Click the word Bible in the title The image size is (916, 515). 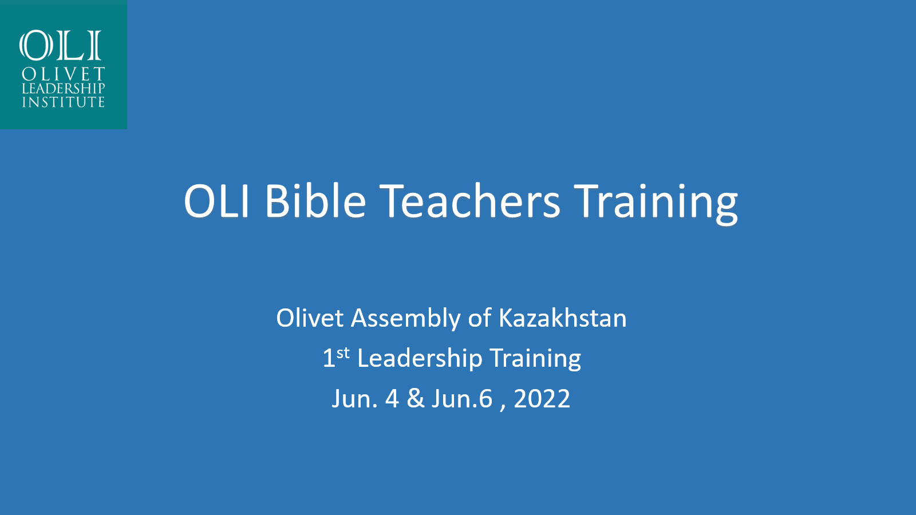(x=315, y=201)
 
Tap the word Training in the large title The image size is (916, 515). (x=656, y=203)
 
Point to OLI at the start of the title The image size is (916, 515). (x=217, y=201)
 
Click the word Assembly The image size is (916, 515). (x=406, y=319)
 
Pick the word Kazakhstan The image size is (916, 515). (x=563, y=318)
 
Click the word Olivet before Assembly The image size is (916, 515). (x=310, y=318)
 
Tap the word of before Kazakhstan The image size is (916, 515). (x=480, y=318)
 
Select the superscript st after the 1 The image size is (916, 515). (x=343, y=352)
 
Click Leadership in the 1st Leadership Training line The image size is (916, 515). (x=420, y=359)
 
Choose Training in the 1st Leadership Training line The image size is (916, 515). (x=535, y=359)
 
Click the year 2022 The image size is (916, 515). (x=542, y=398)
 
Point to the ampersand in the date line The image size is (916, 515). (x=416, y=398)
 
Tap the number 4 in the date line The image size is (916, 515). (x=392, y=398)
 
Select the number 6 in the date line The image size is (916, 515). (x=485, y=398)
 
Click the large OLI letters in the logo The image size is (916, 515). (x=60, y=45)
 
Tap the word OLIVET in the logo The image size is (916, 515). (x=64, y=74)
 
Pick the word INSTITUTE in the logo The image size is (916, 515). (x=64, y=102)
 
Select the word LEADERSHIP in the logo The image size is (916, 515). (x=64, y=88)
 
